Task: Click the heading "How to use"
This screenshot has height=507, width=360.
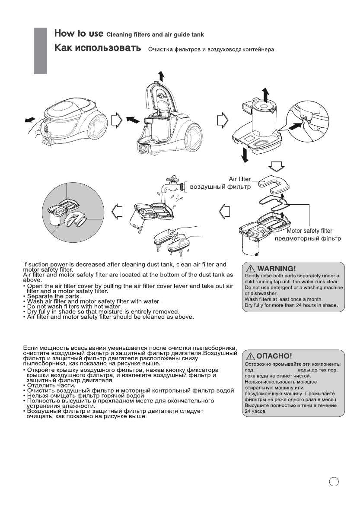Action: (78, 34)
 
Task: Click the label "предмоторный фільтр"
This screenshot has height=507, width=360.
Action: (308, 239)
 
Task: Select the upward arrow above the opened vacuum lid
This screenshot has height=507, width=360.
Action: (162, 76)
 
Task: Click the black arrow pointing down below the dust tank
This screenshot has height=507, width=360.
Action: (245, 154)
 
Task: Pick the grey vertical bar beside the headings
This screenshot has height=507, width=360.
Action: (40, 50)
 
